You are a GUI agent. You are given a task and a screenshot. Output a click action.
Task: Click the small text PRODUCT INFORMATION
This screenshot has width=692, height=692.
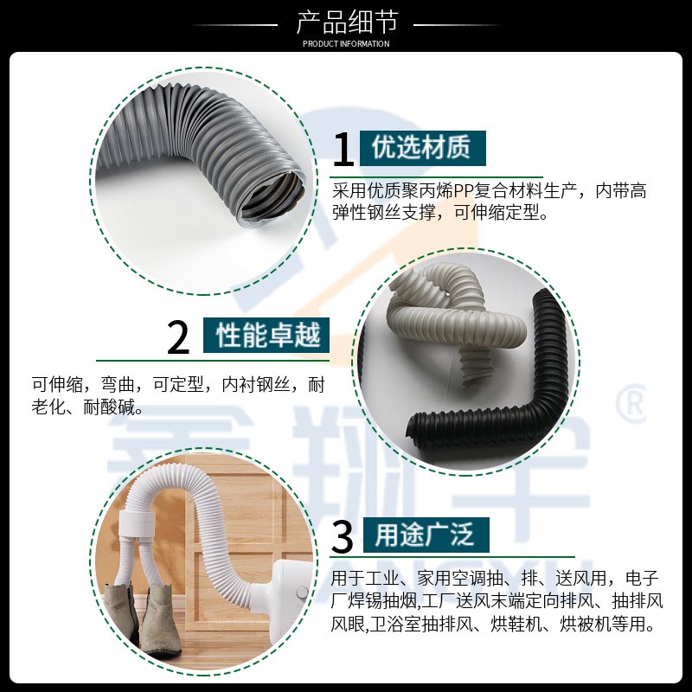(x=345, y=44)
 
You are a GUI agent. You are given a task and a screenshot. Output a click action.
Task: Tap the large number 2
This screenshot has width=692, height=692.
(x=178, y=337)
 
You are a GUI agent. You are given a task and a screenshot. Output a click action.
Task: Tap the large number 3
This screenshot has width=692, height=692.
(x=343, y=537)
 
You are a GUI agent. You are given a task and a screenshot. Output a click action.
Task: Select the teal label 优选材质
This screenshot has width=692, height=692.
(x=421, y=148)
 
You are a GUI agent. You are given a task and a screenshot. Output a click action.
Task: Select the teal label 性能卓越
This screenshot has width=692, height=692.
(x=267, y=334)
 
